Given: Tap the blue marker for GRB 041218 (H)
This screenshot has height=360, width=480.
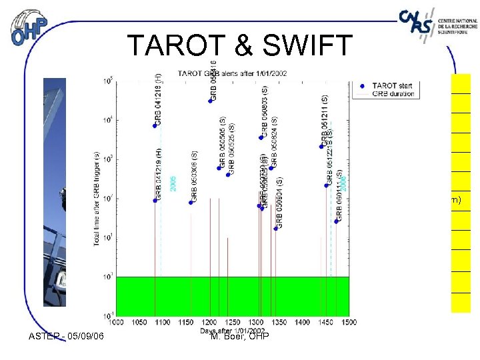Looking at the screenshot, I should (155, 126).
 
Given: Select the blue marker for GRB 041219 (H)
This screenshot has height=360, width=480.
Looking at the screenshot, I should (155, 200).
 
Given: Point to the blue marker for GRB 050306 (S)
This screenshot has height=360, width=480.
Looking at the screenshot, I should (191, 202).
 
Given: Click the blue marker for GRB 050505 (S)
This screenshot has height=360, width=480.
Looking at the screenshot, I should (219, 168).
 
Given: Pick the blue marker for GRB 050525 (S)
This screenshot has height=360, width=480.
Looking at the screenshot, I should (228, 175).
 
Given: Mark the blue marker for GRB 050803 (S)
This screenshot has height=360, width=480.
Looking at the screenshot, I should (261, 138).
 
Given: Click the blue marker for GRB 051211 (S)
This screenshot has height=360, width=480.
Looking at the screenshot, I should (322, 147).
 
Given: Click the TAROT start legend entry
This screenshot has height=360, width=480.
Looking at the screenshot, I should (387, 86).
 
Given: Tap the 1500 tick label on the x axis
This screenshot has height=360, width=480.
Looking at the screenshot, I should (347, 323).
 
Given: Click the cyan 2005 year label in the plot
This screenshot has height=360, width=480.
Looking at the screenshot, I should (173, 184).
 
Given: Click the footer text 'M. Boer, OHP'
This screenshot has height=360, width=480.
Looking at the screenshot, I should (239, 336).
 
